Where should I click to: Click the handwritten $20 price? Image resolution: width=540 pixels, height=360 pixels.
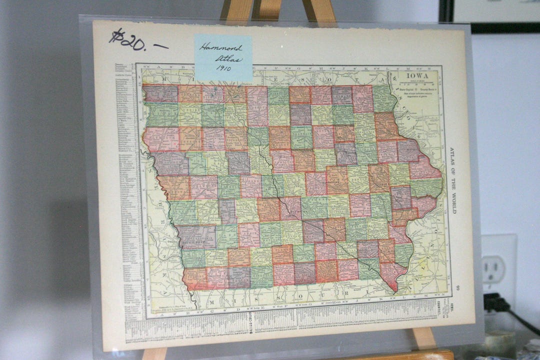(127, 40)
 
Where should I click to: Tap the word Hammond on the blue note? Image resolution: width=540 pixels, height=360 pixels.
(220, 48)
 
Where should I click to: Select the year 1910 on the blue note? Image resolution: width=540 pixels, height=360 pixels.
(223, 68)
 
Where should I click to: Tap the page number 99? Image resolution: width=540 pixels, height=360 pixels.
(458, 288)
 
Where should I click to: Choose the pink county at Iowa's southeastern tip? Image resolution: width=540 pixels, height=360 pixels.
(392, 275)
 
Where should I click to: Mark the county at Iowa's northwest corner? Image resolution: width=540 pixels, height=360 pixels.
(161, 93)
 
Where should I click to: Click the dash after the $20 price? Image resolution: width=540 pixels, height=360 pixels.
(160, 46)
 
